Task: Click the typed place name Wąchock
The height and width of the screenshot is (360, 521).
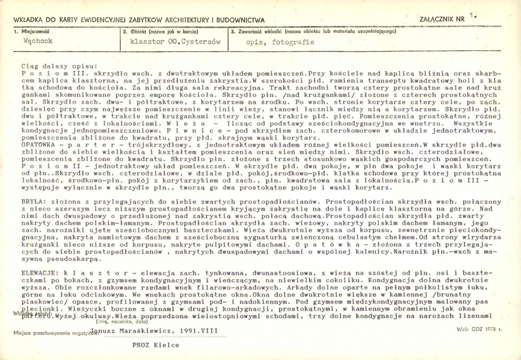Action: point(38,41)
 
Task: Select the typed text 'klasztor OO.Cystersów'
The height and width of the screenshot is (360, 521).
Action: point(176,42)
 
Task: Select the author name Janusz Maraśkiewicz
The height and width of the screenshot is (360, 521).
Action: point(133,331)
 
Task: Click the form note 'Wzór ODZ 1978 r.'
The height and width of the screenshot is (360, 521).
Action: point(479,329)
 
